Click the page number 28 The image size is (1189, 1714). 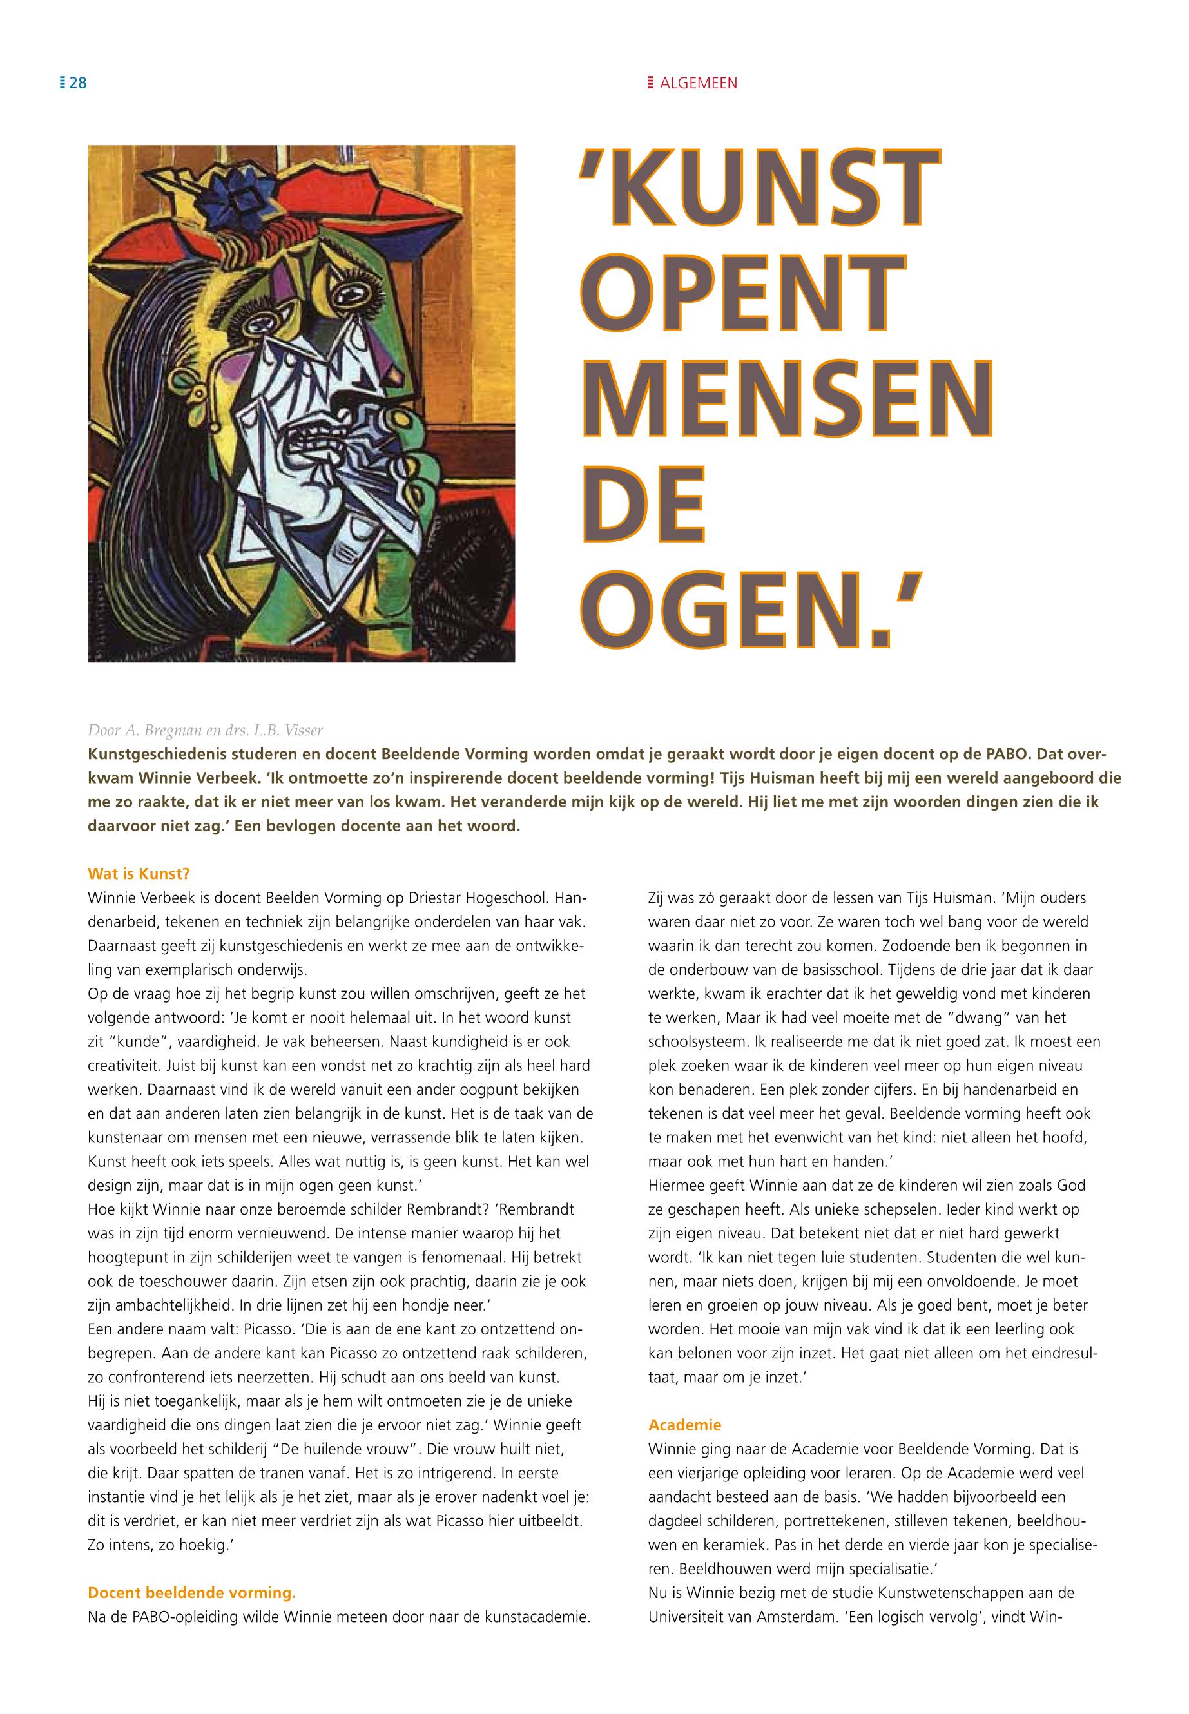pyautogui.click(x=77, y=82)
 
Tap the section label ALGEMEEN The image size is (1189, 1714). pyautogui.click(x=698, y=83)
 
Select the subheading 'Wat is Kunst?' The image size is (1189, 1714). pyautogui.click(x=139, y=873)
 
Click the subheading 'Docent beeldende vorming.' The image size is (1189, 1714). pyautogui.click(x=191, y=1593)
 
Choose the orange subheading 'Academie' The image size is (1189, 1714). pyautogui.click(x=684, y=1425)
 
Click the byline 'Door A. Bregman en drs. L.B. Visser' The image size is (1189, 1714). pyautogui.click(x=206, y=729)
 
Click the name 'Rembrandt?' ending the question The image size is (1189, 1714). pyautogui.click(x=538, y=1209)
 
